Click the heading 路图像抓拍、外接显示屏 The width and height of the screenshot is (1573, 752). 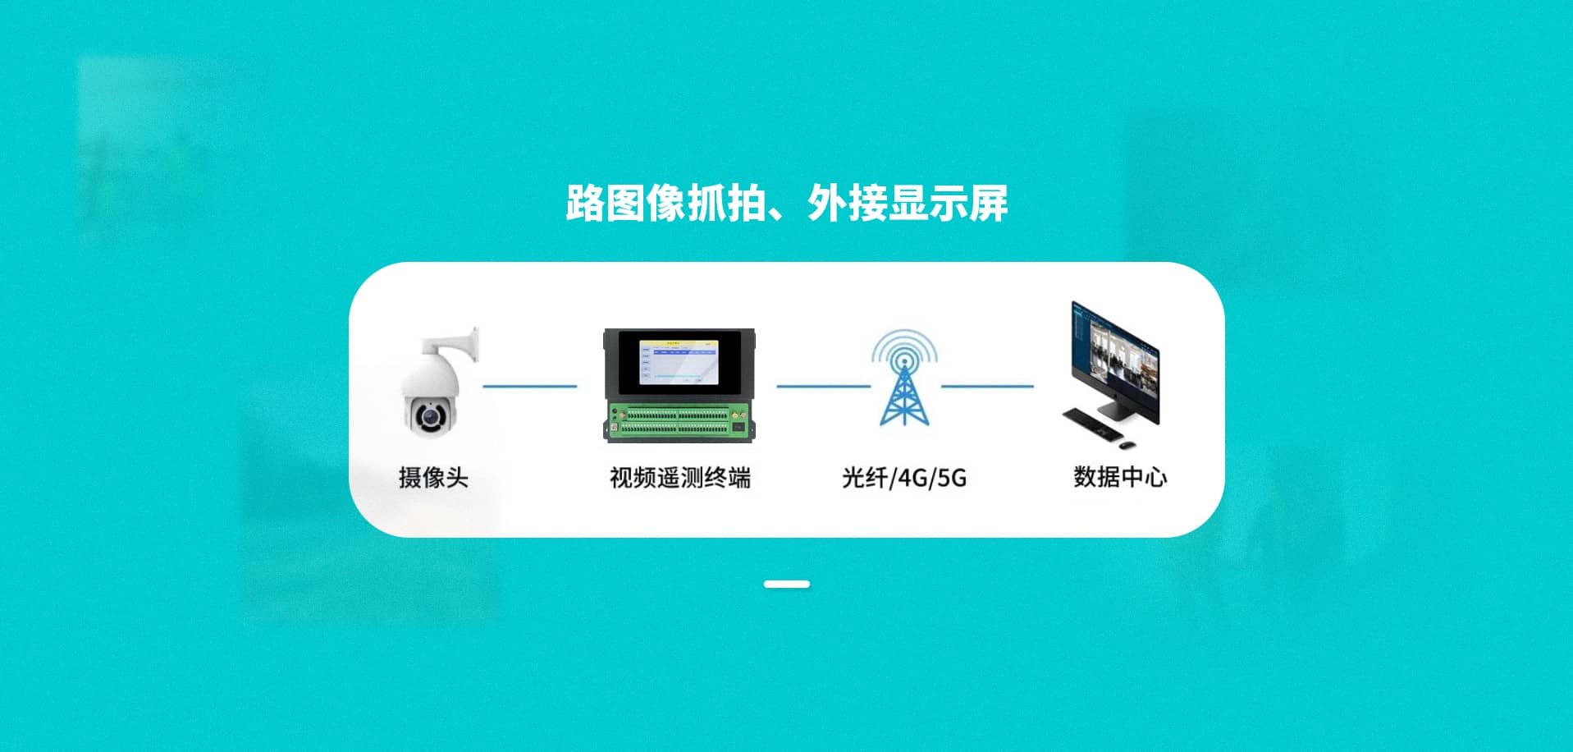tap(786, 203)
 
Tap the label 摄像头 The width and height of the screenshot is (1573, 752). tap(433, 477)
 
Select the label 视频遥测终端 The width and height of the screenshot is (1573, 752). tap(679, 477)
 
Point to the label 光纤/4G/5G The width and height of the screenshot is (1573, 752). tap(904, 477)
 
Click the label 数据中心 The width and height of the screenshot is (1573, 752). tap(1120, 476)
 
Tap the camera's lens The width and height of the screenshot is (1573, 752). tap(428, 416)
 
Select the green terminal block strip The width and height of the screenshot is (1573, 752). tap(679, 420)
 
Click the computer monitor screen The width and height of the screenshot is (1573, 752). tap(1115, 353)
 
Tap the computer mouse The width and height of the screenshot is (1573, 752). tap(1127, 445)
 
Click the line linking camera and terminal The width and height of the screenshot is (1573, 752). tap(529, 386)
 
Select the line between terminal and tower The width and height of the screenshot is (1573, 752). tap(823, 386)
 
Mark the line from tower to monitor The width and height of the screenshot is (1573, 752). tap(987, 386)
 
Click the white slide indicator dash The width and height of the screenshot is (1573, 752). tap(786, 585)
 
